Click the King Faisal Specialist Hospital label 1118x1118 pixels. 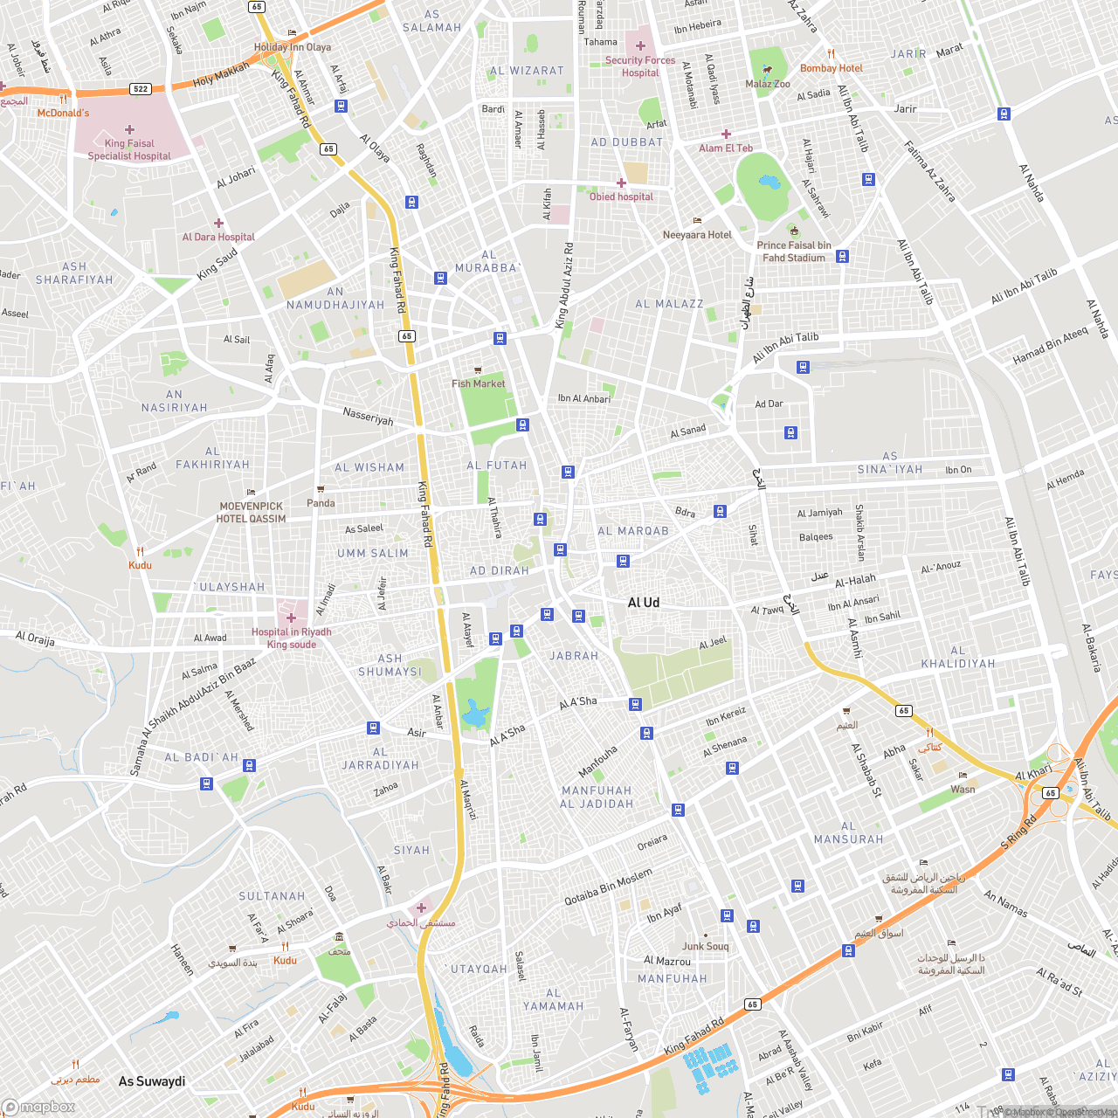pos(129,149)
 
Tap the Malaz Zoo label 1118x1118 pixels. pos(768,84)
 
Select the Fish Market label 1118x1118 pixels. pos(478,383)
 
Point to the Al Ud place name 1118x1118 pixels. pos(644,603)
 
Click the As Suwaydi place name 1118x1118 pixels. pos(152,1081)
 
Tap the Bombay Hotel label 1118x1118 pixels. pos(831,68)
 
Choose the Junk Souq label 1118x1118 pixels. pos(705,946)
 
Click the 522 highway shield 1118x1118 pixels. pos(141,89)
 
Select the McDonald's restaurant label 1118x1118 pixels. pos(63,113)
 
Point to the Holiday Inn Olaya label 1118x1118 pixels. pos(293,47)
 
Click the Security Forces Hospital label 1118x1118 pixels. pos(640,66)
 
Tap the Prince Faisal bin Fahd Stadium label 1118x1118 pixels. pos(794,252)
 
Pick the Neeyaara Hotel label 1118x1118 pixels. pos(697,234)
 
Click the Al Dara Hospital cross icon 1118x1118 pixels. pos(218,224)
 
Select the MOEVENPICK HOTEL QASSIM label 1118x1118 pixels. pos(252,512)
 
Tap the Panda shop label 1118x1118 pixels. pos(321,503)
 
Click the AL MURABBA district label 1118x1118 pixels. pos(487,261)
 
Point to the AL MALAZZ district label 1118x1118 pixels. pos(669,304)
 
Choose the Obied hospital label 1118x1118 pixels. pos(621,197)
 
